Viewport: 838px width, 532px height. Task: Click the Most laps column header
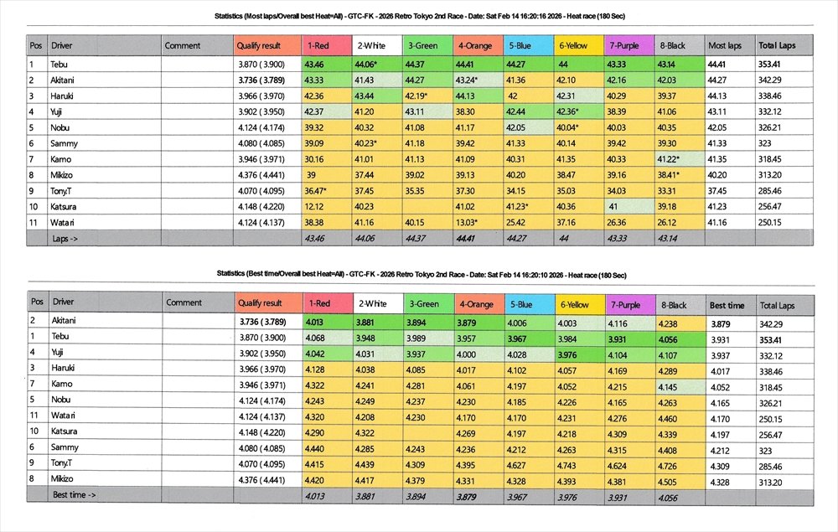tap(725, 45)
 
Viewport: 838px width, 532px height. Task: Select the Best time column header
tap(727, 305)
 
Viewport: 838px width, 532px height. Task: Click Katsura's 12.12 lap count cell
tap(314, 206)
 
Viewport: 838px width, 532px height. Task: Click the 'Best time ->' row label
tap(74, 495)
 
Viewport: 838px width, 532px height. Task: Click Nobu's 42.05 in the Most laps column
tap(718, 127)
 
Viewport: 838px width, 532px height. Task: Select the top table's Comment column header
tap(183, 45)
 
